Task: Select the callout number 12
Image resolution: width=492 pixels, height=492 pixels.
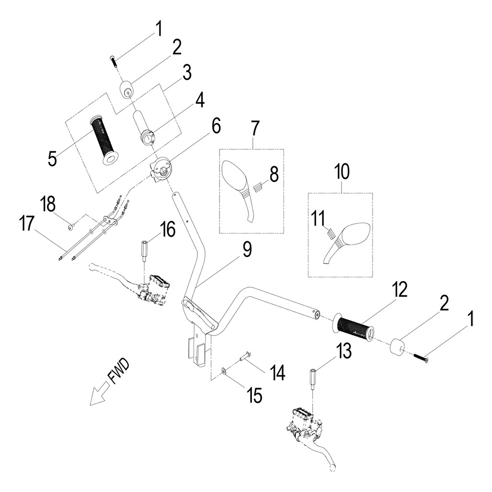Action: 400,289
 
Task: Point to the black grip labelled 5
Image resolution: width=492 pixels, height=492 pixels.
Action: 105,141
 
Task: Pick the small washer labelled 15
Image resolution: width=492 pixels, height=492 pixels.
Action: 223,371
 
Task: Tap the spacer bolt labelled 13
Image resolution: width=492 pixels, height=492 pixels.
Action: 313,380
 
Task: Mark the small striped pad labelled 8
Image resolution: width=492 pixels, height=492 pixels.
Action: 258,188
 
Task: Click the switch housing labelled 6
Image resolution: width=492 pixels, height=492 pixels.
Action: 161,169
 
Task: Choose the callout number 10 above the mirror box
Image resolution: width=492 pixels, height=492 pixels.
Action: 342,172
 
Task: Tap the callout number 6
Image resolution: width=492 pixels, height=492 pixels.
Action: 216,126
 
